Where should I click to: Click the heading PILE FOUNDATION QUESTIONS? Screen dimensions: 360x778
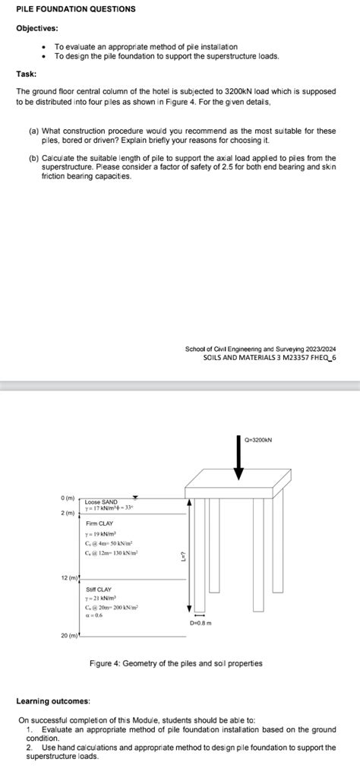pos(76,9)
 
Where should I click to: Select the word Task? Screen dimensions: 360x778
pos(27,74)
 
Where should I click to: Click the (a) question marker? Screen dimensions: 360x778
pos(33,131)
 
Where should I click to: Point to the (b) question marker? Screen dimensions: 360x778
pos(33,158)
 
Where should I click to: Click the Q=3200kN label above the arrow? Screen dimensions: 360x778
pos(259,439)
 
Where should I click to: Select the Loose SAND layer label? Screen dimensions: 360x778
pos(101,502)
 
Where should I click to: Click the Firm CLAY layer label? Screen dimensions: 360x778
pos(99,523)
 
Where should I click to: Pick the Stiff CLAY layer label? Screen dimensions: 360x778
pos(99,589)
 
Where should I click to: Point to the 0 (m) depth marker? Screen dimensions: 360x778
pos(68,498)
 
